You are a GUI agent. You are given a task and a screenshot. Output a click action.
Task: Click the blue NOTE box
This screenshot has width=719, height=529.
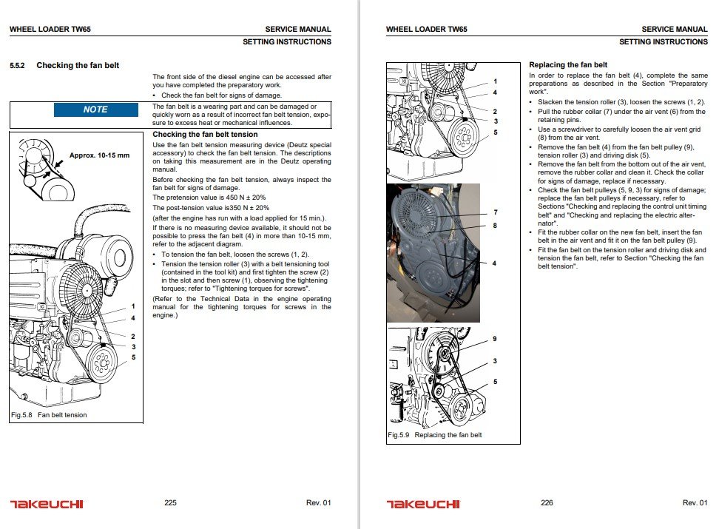(95, 109)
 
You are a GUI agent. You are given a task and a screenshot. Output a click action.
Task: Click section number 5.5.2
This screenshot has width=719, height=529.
(18, 66)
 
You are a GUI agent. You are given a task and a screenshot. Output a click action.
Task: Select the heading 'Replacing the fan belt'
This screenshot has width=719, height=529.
(568, 65)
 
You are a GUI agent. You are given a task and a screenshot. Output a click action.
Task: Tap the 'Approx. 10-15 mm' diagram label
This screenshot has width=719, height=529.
(98, 155)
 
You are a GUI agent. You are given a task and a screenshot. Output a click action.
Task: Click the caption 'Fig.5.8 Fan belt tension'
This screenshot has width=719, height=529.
(49, 415)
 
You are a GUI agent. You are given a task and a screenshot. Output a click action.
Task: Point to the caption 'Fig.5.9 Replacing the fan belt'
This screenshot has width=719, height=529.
(435, 435)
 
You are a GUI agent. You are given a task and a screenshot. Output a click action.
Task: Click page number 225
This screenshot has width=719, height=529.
(170, 503)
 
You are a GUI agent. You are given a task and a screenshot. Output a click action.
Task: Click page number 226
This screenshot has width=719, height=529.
(547, 503)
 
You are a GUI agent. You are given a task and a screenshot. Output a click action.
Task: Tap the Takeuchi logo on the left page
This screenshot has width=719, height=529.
(47, 504)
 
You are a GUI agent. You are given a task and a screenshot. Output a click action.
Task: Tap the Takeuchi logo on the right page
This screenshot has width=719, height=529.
(422, 504)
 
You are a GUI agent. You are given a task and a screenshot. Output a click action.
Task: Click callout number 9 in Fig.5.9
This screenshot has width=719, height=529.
(494, 339)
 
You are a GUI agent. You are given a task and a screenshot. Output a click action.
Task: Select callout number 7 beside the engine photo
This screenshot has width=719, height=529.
(494, 212)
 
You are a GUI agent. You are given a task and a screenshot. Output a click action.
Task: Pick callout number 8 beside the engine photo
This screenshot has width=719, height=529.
(494, 224)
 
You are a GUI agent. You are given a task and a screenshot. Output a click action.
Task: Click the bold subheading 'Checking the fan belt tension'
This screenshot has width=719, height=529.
(205, 135)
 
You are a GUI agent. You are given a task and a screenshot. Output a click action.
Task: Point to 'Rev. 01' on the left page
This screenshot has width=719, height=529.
(318, 503)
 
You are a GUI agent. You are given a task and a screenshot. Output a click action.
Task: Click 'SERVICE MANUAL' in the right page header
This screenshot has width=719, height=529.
(674, 30)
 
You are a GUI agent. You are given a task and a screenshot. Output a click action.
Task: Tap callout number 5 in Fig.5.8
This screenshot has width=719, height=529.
(133, 357)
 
